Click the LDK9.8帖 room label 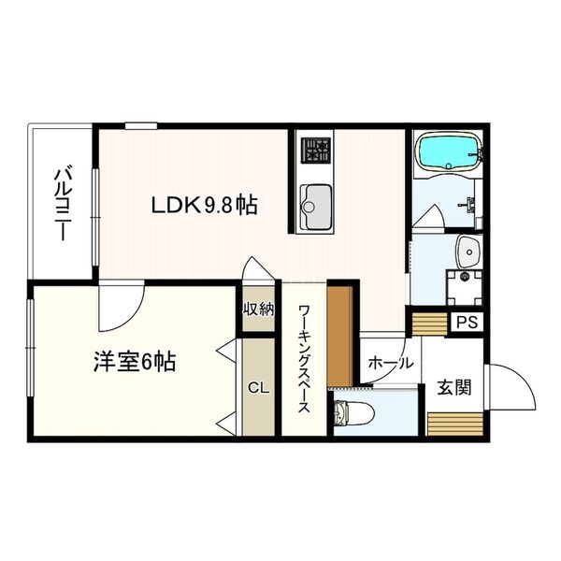[x=206, y=204]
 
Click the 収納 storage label [x=259, y=309]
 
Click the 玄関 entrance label [x=454, y=387]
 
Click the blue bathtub [x=448, y=152]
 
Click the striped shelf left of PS [x=431, y=323]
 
